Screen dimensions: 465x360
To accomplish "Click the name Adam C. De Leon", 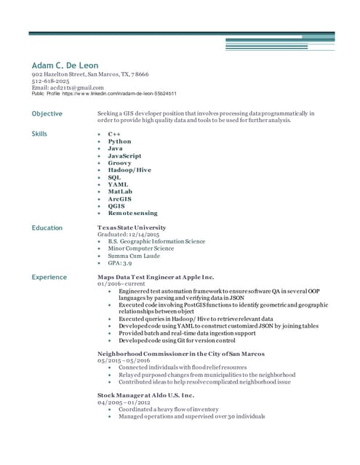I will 65,65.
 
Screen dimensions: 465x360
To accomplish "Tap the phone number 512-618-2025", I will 50,81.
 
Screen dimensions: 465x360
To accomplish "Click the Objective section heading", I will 47,113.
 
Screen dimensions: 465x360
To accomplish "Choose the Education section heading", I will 47,227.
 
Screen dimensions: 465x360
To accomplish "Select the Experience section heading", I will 49,277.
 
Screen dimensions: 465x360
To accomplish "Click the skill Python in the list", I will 120,141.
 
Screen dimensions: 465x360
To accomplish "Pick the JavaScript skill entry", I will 124,155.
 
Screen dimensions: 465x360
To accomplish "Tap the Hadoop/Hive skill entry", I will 129,169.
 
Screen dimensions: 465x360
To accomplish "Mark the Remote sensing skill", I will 132,213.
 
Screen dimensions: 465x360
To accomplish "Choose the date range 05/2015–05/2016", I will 124,360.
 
